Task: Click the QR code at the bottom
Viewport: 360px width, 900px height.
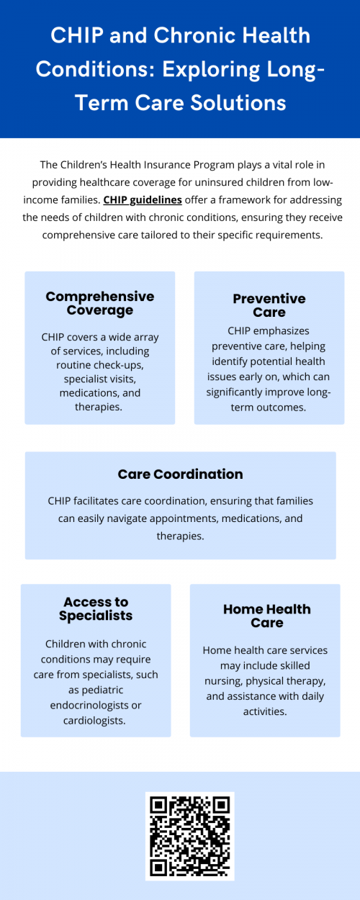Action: pyautogui.click(x=189, y=835)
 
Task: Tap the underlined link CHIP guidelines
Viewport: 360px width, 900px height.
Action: pyautogui.click(x=143, y=199)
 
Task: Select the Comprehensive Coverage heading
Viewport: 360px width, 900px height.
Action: pyautogui.click(x=99, y=303)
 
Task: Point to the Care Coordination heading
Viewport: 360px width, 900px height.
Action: pyautogui.click(x=180, y=474)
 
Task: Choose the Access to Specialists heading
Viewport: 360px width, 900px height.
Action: pyautogui.click(x=96, y=608)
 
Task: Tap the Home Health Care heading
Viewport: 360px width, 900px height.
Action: pyautogui.click(x=266, y=616)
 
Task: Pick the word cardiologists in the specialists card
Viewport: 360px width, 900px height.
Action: pyautogui.click(x=96, y=720)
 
